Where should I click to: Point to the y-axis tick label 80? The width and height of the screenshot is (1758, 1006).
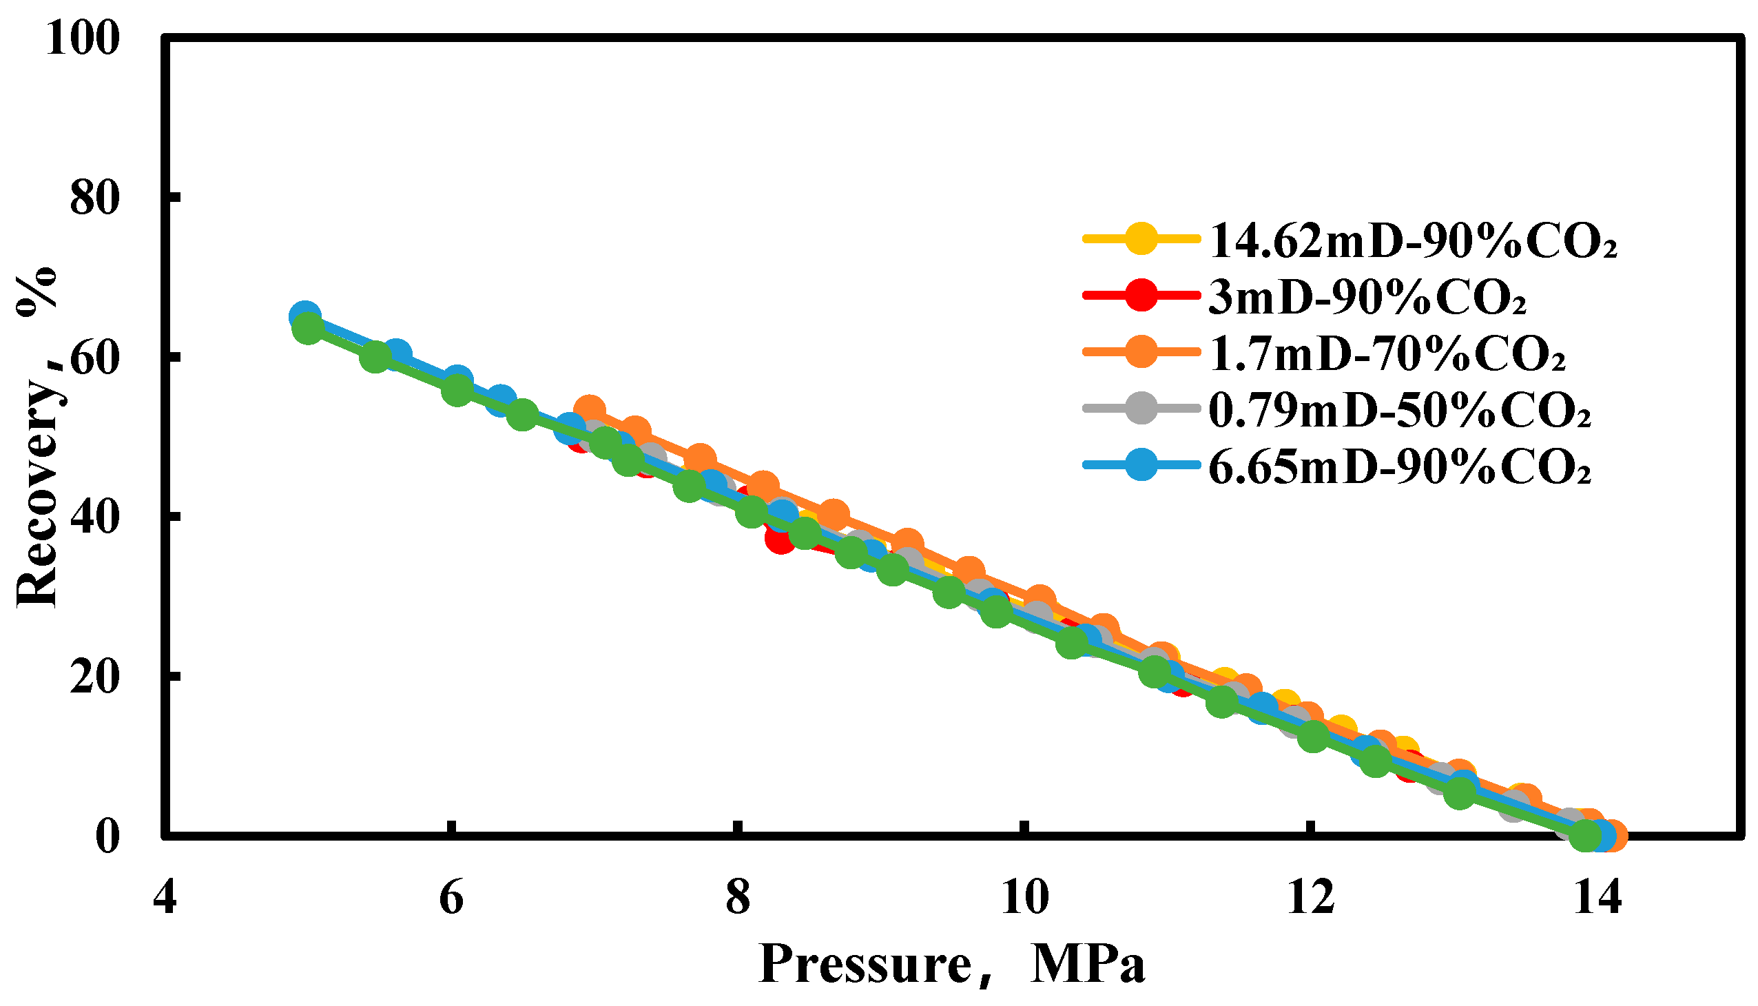pos(94,198)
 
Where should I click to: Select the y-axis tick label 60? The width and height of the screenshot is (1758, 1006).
pos(94,358)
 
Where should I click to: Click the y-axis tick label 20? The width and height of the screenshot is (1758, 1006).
pos(94,678)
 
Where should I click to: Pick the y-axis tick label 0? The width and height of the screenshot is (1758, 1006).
pos(107,837)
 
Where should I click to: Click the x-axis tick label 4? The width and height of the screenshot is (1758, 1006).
pos(165,899)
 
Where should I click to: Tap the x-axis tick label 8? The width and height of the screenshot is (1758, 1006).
pos(738,899)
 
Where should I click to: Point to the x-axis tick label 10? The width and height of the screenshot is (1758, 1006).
pos(1026,899)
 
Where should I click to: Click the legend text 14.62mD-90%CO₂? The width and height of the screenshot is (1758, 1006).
pos(1414,241)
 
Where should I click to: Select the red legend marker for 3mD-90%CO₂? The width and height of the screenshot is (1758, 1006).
pos(1141,296)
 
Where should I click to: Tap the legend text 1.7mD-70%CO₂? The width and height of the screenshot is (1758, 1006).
pos(1387,354)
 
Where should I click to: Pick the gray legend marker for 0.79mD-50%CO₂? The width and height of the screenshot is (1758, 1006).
pos(1141,409)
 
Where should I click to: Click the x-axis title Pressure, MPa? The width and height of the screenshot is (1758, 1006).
pos(952,965)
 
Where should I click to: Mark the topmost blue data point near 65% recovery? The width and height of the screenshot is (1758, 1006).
pos(304,316)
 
